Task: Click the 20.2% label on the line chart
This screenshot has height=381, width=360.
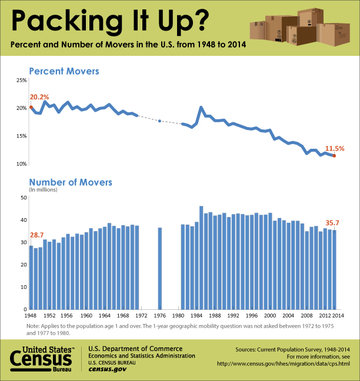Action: pos(39,96)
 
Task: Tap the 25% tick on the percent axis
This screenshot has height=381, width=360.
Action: pos(21,80)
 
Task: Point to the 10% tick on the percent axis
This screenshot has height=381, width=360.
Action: pos(21,163)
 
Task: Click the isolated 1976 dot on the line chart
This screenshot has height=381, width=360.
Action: pos(160,121)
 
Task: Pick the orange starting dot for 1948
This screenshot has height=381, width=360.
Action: pos(31,108)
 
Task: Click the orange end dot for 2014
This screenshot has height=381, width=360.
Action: pos(334,156)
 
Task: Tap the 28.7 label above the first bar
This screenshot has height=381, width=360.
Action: pos(37,235)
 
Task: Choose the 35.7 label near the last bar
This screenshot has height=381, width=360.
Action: pos(334,223)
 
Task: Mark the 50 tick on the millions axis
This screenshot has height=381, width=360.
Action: pos(24,198)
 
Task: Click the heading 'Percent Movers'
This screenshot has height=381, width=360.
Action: pos(64,71)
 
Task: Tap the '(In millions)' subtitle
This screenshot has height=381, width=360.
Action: pos(44,190)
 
